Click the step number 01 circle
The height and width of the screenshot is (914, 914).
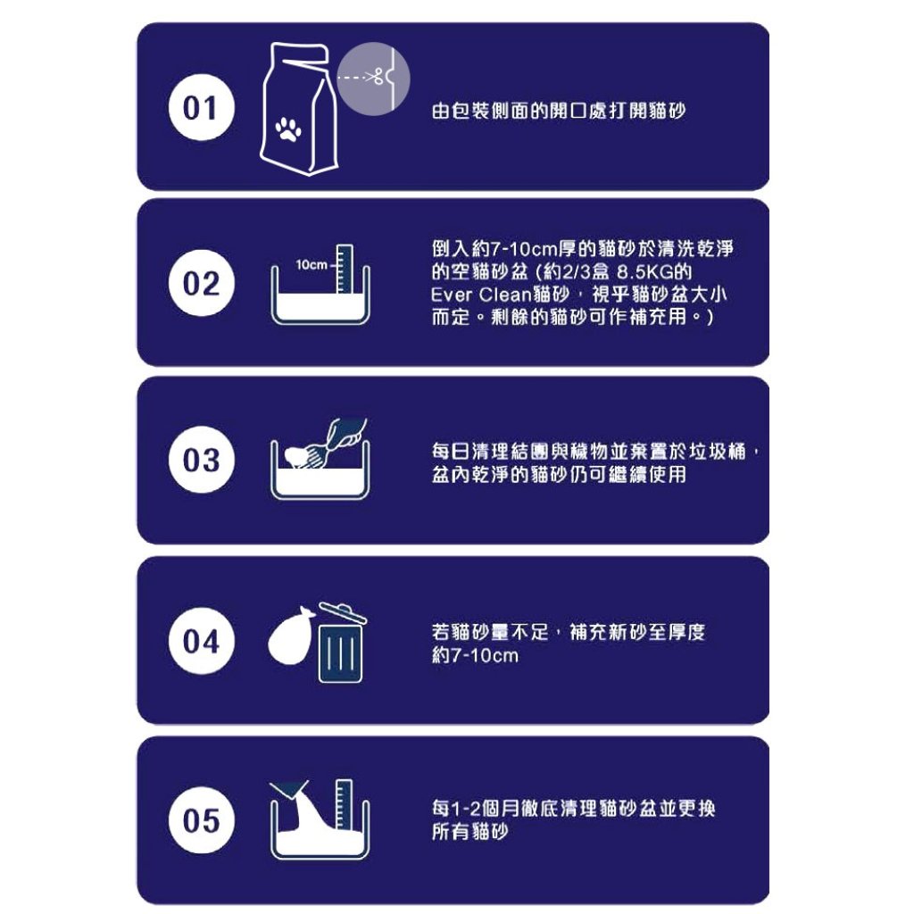[201, 107]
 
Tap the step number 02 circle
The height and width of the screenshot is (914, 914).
[201, 283]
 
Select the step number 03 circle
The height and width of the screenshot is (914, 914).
[201, 460]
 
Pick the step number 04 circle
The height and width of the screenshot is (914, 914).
[201, 641]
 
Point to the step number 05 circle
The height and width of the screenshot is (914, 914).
[201, 820]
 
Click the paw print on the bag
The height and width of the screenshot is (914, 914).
[288, 129]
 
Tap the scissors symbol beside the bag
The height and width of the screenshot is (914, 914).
[374, 76]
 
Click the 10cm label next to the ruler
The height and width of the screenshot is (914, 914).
[312, 265]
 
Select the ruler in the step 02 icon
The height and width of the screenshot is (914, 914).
[345, 268]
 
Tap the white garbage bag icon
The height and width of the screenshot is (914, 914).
[290, 636]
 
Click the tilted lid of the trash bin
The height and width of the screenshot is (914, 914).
[343, 612]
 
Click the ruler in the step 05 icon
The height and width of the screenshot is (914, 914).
[345, 804]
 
